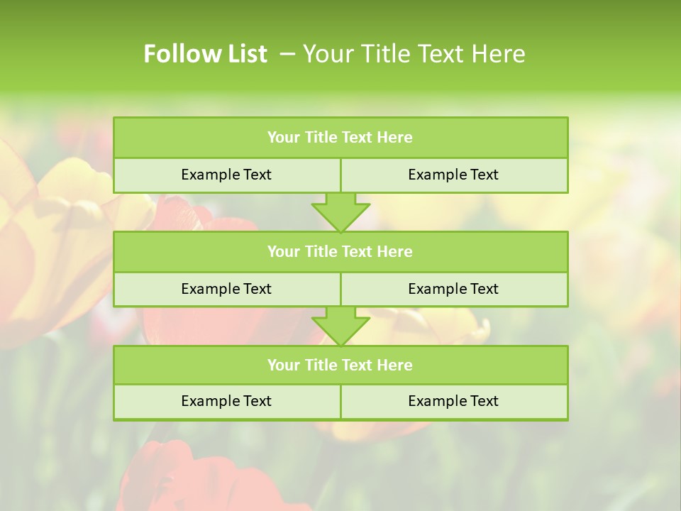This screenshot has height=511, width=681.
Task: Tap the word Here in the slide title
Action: click(x=499, y=54)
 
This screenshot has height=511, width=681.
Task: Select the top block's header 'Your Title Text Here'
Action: click(x=340, y=138)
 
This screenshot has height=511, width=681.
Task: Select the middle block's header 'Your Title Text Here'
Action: click(x=340, y=251)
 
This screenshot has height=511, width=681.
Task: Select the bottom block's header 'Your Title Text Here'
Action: click(x=340, y=365)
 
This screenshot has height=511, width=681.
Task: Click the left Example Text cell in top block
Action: click(x=226, y=175)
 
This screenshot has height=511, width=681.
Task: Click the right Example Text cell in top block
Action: click(x=453, y=175)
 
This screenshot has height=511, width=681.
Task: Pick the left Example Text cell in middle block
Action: click(x=226, y=289)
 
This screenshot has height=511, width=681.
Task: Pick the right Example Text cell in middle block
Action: click(x=453, y=289)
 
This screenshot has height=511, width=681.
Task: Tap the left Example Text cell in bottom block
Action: click(x=226, y=401)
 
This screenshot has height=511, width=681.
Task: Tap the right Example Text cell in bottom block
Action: click(x=453, y=401)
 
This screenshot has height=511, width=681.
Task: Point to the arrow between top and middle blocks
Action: click(x=340, y=212)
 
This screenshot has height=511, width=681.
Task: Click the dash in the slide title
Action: click(x=288, y=54)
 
